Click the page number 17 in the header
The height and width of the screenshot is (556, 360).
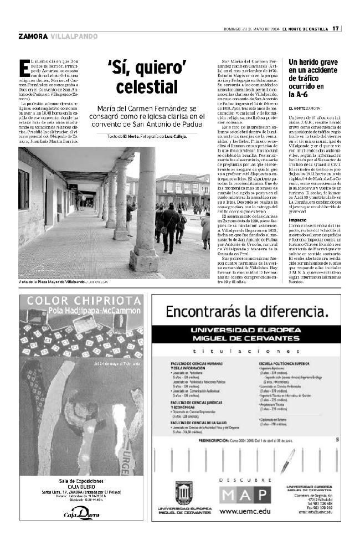(336, 29)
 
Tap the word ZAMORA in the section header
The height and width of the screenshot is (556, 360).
(32, 37)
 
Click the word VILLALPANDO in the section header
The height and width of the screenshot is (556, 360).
(74, 37)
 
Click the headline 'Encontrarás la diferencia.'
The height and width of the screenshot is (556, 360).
(246, 311)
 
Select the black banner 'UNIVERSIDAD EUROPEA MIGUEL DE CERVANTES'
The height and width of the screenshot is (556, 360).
(247, 334)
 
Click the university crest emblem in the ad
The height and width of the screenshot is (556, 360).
(184, 493)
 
